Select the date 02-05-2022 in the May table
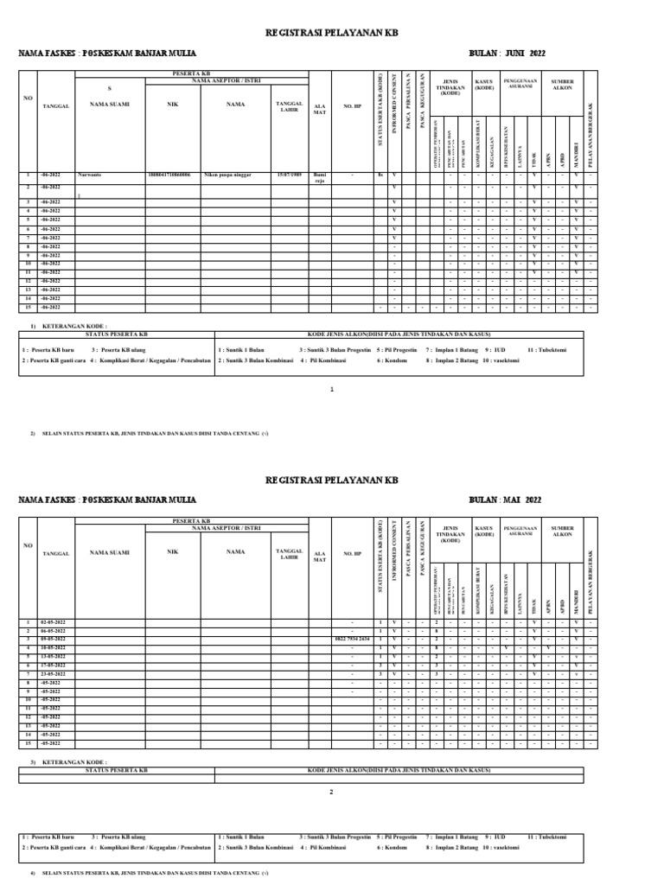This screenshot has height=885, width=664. coord(54,622)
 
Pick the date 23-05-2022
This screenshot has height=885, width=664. coord(54,673)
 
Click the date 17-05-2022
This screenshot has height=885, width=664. coord(54,665)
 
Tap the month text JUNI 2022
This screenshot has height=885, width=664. coord(519,53)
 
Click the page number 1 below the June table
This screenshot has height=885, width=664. coord(332,391)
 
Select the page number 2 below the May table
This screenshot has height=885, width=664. coord(332,791)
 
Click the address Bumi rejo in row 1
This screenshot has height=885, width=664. coord(319,177)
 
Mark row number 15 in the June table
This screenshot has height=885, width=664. coord(28,307)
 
